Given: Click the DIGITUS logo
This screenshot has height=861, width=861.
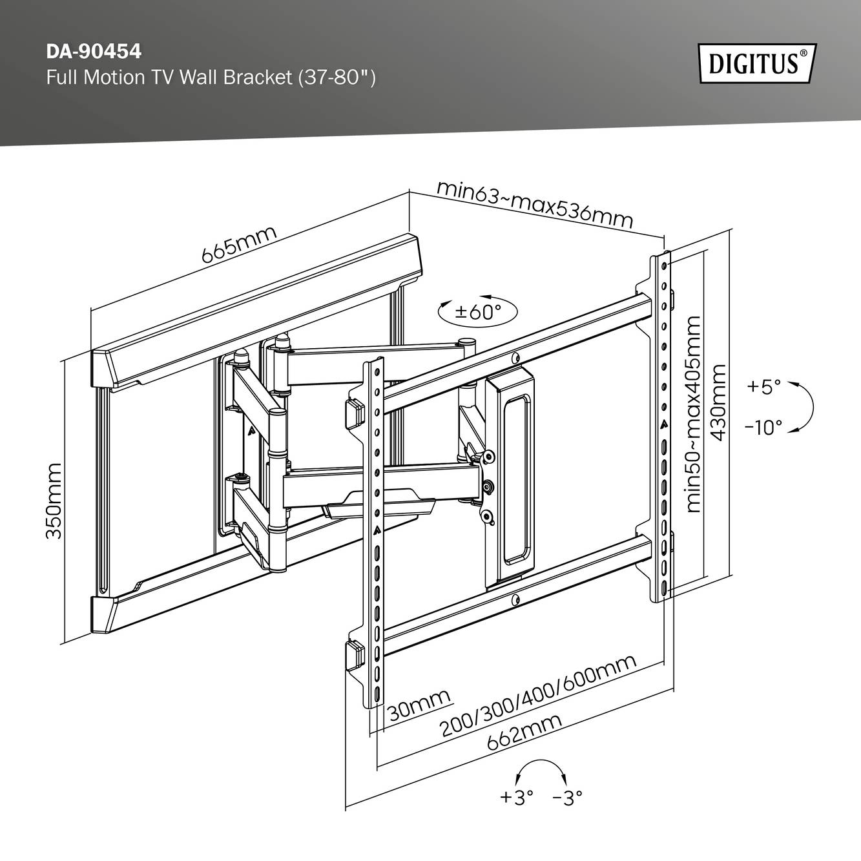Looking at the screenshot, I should pos(757,63).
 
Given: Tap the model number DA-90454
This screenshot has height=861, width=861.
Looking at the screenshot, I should pos(94,50).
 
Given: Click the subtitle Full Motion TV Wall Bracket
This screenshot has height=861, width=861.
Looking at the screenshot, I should pos(211,78).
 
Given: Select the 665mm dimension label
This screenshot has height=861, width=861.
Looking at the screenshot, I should pos(238,244).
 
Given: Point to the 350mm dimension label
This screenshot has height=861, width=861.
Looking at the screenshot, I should pos(54,501).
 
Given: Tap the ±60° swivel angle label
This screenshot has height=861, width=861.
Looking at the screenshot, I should pos(478,311).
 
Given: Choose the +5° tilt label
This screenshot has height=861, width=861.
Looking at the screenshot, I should pos(763,387).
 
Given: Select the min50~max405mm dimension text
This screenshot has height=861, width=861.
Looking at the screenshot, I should pos(694,413).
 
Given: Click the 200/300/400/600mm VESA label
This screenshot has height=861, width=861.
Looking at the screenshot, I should pos(538,696).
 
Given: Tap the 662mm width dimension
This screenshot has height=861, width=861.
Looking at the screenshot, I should pos(524,731).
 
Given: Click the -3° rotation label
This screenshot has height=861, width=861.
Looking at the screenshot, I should pos(568,798).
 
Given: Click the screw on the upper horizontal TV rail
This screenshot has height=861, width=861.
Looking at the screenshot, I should pos(514,357).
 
